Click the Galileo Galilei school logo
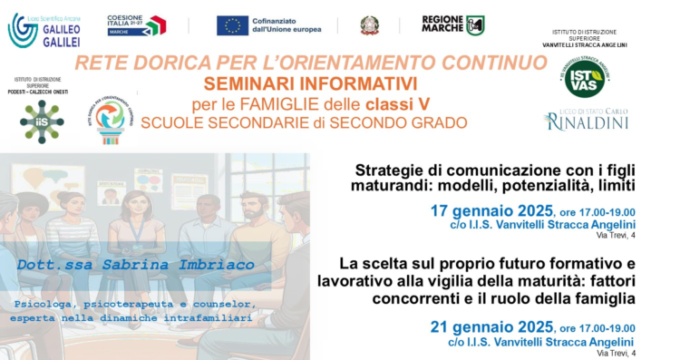(45, 29)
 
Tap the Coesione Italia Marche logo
(136, 25)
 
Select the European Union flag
(232, 25)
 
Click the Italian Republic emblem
(370, 25)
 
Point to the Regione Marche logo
(452, 24)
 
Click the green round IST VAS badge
(584, 78)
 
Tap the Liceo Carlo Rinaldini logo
(586, 120)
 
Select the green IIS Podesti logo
(42, 121)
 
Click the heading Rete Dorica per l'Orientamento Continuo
(311, 63)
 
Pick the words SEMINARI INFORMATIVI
(310, 83)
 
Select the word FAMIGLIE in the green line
(295, 103)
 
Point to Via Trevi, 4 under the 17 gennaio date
(616, 236)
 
